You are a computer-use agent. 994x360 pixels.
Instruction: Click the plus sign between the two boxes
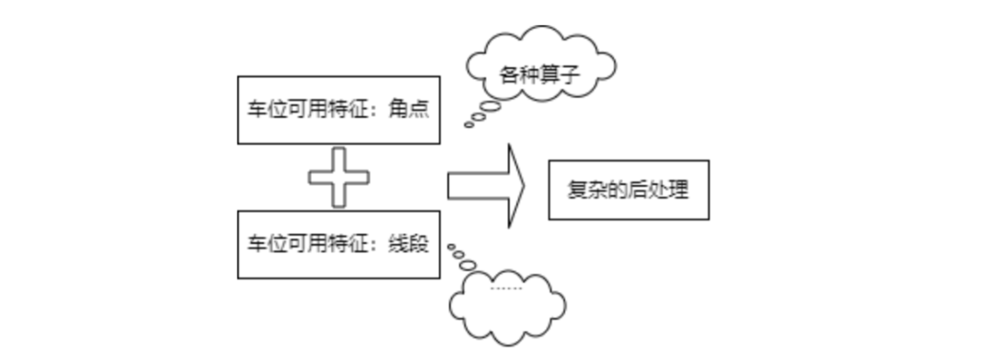[x=339, y=178]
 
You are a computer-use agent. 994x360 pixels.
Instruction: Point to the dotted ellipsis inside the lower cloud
[x=505, y=288]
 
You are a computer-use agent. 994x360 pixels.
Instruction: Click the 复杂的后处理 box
[x=629, y=191]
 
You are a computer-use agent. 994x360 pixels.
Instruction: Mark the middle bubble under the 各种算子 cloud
[x=479, y=117]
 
